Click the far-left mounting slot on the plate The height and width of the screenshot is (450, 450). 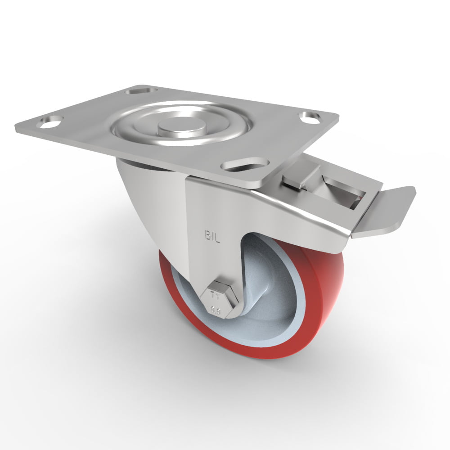(51, 121)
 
